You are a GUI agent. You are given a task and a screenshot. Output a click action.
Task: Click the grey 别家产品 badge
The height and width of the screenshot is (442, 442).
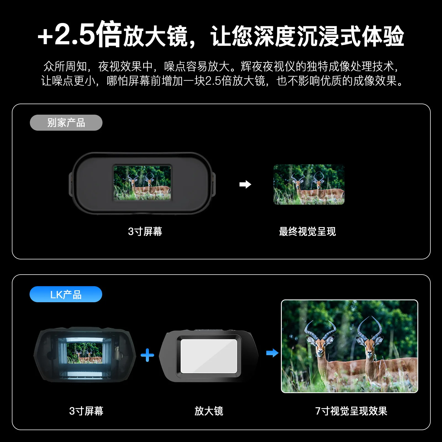click(x=66, y=123)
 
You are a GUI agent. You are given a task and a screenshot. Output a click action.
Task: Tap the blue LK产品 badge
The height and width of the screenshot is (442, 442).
click(x=66, y=294)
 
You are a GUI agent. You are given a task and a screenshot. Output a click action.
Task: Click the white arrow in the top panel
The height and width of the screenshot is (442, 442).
click(x=245, y=184)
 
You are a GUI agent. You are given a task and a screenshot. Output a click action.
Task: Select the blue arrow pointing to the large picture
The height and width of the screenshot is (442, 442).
click(x=272, y=353)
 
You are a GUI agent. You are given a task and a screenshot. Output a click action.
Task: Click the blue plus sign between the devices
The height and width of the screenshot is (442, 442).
click(x=147, y=355)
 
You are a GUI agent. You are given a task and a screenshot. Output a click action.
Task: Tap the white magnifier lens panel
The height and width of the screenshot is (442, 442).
click(x=209, y=356)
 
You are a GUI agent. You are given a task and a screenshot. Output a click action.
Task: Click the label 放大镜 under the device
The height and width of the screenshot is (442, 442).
click(x=209, y=411)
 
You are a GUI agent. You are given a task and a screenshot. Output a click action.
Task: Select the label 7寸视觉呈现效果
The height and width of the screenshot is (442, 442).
click(x=351, y=411)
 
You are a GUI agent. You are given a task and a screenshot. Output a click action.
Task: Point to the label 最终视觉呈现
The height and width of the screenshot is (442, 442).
click(x=307, y=231)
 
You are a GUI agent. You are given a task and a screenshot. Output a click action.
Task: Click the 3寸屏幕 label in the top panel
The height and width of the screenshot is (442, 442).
click(x=145, y=231)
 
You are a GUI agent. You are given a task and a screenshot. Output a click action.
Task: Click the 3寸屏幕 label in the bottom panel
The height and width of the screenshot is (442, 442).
click(x=86, y=411)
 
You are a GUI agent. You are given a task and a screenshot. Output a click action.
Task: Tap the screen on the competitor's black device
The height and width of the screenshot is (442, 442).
click(x=142, y=183)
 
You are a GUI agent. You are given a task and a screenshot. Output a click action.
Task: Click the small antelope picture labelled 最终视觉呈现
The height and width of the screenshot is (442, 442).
click(x=309, y=185)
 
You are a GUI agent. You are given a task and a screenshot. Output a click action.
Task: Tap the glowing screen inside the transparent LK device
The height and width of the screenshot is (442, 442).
click(x=85, y=353)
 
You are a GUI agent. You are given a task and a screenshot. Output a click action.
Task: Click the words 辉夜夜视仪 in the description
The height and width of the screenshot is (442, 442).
click(x=268, y=66)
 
